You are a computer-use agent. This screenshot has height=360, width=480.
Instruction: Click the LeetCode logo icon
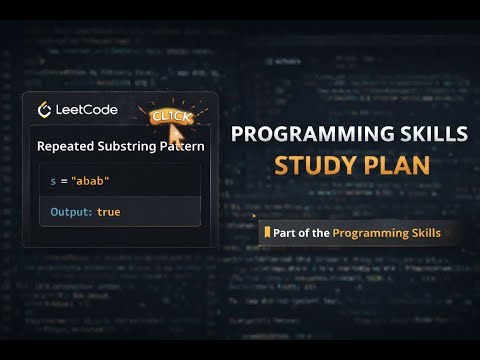(45, 110)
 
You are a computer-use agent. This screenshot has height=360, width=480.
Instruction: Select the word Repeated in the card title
(65, 146)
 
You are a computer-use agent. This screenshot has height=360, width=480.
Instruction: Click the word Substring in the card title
(125, 146)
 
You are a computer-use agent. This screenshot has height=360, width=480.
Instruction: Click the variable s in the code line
(53, 180)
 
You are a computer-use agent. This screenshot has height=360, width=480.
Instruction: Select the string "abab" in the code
(93, 180)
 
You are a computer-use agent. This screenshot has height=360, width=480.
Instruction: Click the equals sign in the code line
(65, 180)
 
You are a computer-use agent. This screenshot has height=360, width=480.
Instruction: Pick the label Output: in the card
(72, 212)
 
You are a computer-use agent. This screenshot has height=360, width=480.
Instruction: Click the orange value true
(108, 212)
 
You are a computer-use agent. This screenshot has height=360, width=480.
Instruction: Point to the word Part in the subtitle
(284, 233)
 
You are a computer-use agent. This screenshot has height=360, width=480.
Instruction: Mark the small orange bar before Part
(265, 233)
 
